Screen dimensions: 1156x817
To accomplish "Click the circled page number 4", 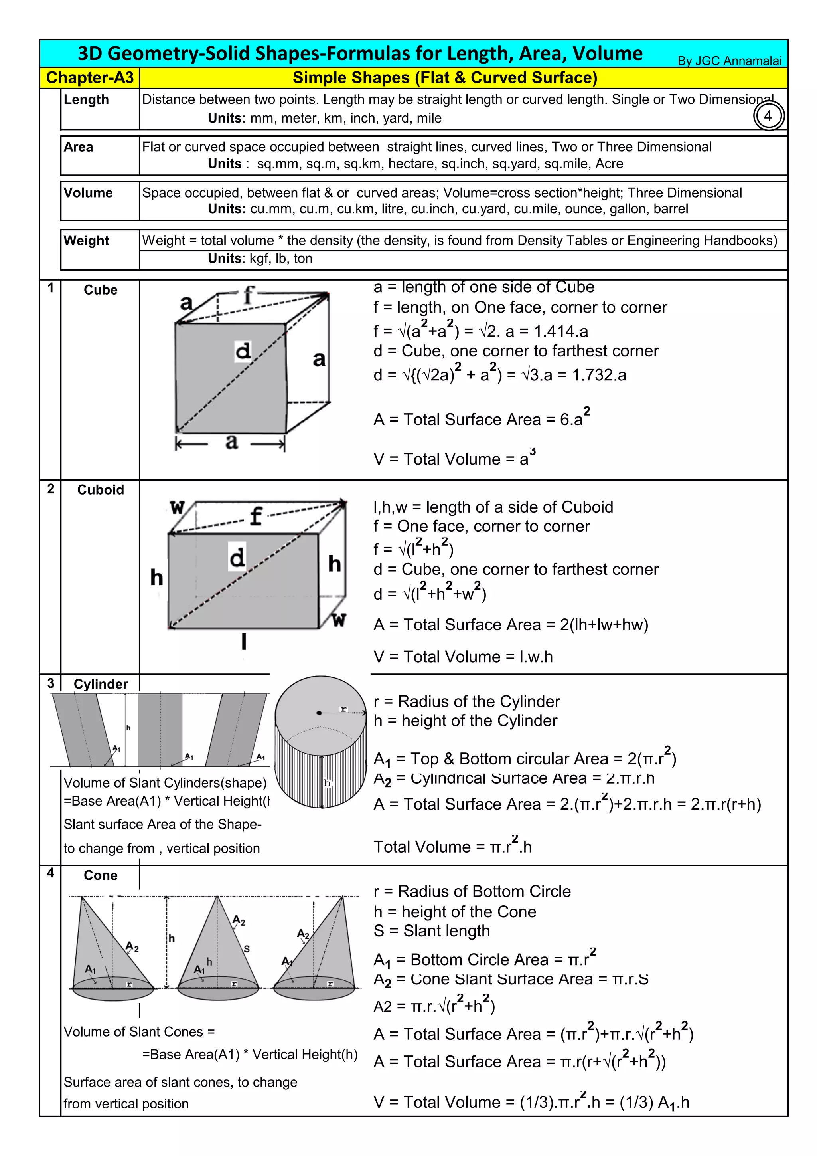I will tap(768, 116).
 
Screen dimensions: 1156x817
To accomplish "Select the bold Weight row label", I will tap(86, 241).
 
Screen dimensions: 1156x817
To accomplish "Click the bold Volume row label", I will tap(88, 193).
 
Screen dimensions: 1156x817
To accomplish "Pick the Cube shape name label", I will tap(101, 290).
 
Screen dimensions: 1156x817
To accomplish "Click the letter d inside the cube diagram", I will tap(243, 350).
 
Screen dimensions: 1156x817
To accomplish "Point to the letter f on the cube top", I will tap(249, 295).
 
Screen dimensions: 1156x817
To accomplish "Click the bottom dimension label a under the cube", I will tap(231, 442).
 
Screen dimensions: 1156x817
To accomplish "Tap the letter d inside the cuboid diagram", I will tap(237, 557).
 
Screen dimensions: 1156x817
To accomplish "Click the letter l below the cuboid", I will tap(244, 642).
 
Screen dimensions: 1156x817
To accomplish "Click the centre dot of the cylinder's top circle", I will tap(319, 713).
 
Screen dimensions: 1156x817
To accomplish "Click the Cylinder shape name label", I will tap(101, 684).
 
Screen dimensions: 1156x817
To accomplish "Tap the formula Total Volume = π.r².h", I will tap(452, 847).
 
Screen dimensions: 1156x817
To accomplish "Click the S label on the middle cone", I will tap(247, 949).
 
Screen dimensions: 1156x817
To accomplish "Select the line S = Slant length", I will tap(431, 931).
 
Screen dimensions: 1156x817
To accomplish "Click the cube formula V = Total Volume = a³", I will tap(454, 459).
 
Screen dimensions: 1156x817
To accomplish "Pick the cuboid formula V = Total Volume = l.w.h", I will tap(463, 657).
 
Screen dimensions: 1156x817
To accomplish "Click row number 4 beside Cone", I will tap(50, 873).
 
